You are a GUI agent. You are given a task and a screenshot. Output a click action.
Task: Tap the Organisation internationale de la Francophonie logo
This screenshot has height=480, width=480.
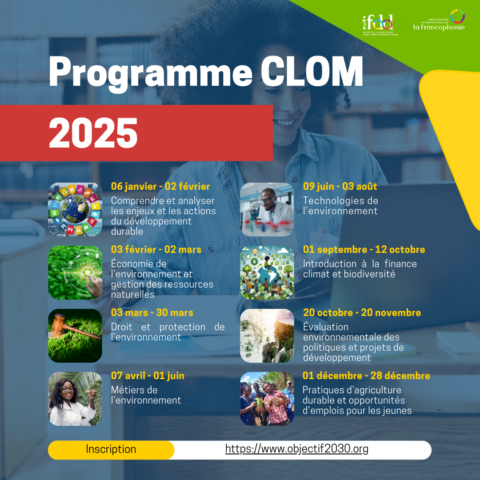click(x=439, y=21)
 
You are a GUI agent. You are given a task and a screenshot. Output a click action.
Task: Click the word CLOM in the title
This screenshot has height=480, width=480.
click(x=312, y=72)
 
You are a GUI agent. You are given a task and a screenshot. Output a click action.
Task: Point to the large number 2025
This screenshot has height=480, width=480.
click(x=93, y=133)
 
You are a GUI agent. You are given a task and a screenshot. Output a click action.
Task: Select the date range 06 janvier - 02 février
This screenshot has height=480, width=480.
click(x=160, y=187)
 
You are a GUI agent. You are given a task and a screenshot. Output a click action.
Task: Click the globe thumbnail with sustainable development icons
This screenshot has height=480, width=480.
click(x=75, y=209)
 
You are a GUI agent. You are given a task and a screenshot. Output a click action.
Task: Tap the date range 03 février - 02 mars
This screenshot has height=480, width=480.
click(x=156, y=250)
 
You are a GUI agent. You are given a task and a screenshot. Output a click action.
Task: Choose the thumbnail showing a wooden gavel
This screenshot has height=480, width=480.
click(x=75, y=336)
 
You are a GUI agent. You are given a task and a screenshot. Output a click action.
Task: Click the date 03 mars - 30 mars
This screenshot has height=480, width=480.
click(x=152, y=313)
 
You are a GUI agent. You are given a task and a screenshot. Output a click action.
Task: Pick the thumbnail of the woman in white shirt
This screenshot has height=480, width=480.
click(x=75, y=399)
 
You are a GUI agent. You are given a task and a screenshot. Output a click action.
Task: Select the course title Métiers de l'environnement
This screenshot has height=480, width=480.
click(x=146, y=395)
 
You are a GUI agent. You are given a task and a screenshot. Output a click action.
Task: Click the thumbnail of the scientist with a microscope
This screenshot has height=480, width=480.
click(x=267, y=209)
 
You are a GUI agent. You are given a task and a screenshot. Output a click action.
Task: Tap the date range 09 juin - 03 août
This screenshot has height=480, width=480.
click(x=340, y=187)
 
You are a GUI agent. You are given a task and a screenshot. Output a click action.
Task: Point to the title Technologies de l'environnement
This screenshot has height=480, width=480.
click(x=340, y=206)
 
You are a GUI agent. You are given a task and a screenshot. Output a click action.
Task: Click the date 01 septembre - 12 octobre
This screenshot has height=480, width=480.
click(x=364, y=250)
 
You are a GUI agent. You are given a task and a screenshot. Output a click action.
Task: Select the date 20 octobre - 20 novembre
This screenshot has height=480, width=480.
click(x=362, y=313)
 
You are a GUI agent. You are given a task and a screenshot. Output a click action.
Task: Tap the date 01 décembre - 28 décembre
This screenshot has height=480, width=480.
click(x=366, y=376)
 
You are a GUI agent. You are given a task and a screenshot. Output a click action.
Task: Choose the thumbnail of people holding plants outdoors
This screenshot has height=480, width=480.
click(x=267, y=399)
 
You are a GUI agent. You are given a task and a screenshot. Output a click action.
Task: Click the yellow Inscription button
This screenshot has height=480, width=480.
click(x=111, y=449)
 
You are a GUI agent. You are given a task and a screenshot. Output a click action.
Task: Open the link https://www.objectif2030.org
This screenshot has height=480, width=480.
click(x=297, y=449)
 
